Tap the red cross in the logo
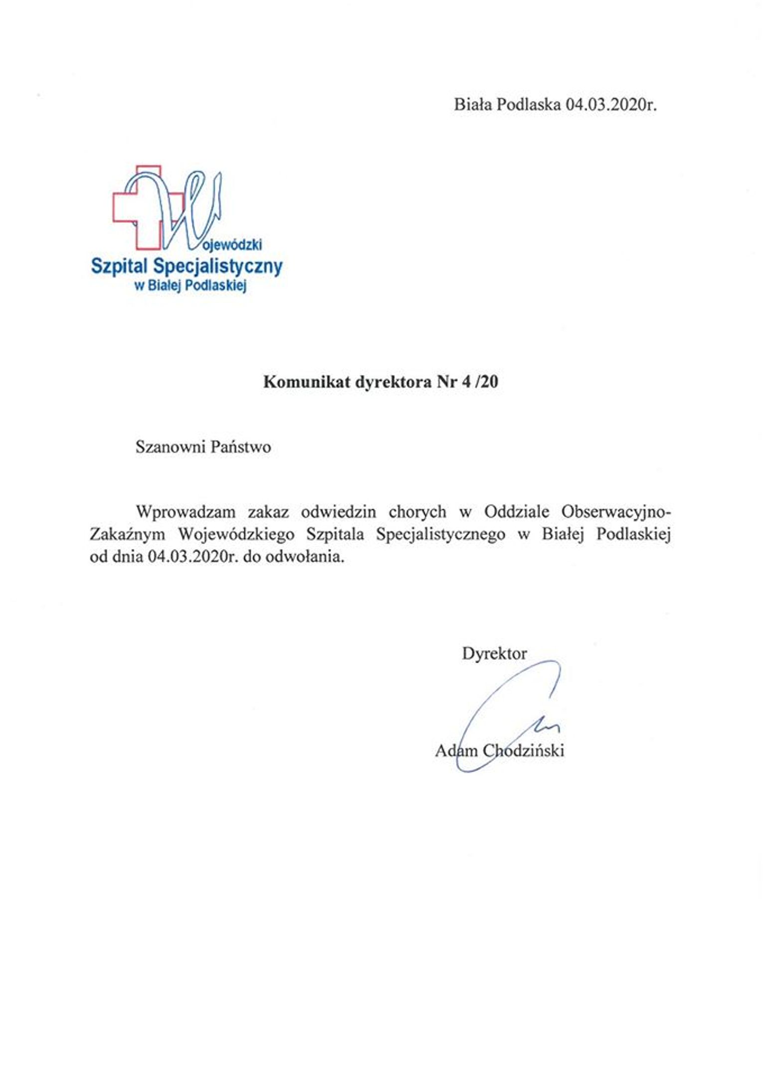[124, 208]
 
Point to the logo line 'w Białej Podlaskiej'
[191, 286]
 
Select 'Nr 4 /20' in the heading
[467, 382]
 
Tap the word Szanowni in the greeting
[170, 447]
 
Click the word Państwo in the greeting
[241, 447]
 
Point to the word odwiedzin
[339, 512]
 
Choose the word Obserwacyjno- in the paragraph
[616, 512]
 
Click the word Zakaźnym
[127, 535]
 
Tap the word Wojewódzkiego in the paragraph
[236, 535]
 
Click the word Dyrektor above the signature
[494, 653]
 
